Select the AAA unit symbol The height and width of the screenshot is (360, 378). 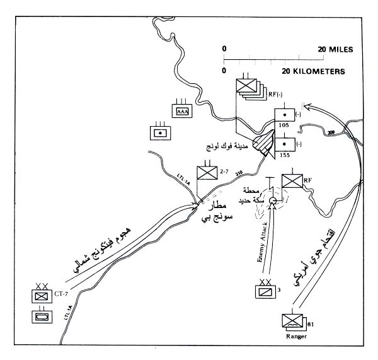[x=181, y=112]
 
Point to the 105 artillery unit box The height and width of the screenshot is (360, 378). [x=285, y=116]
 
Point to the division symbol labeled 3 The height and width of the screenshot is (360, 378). [x=264, y=291]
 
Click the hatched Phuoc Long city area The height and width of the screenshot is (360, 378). [x=262, y=144]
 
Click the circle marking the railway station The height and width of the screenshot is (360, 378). [x=272, y=201]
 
